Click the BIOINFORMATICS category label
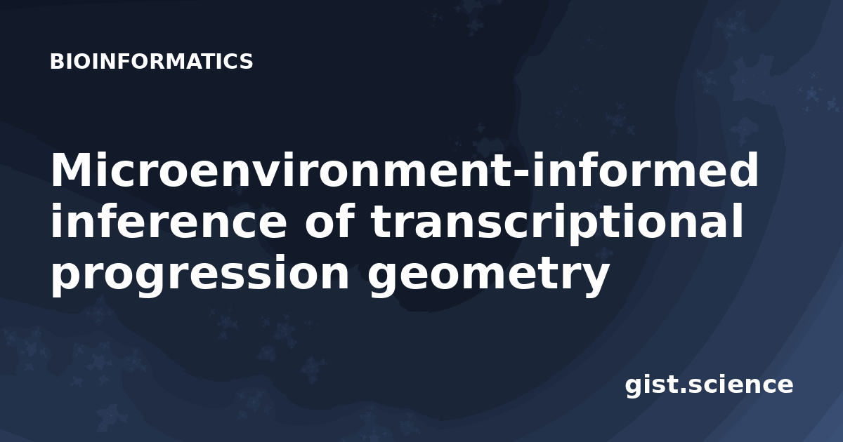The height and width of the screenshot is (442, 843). point(151,61)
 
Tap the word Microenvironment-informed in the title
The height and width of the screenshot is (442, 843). point(405,170)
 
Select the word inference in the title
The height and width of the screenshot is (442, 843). point(169,221)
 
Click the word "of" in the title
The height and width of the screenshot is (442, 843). point(329,221)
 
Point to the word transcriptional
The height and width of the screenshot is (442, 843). point(557,225)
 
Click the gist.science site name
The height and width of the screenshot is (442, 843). point(709,386)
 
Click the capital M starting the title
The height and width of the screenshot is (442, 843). point(72,170)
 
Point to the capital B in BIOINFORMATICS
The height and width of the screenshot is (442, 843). point(57,61)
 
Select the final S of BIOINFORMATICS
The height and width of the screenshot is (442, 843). point(246,61)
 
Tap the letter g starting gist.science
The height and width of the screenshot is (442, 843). point(634,388)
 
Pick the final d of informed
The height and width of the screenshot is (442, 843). point(743,170)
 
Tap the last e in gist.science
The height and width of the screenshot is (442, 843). point(783,387)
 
